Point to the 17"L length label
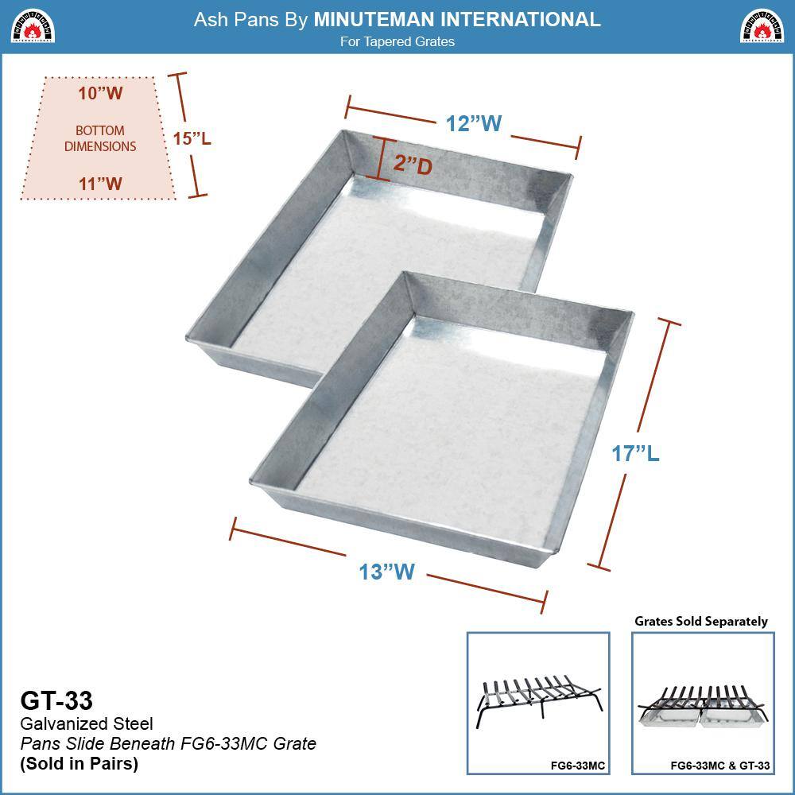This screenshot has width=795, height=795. [635, 453]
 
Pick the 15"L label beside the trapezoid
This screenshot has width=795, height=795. [192, 138]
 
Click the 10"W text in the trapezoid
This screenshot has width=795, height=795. [100, 93]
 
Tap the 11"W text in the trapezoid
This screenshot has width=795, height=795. [100, 184]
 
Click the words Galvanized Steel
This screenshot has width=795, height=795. [86, 723]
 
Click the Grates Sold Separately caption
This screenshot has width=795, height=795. [701, 621]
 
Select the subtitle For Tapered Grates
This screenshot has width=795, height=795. [397, 41]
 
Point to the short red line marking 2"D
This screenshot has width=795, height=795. [382, 159]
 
